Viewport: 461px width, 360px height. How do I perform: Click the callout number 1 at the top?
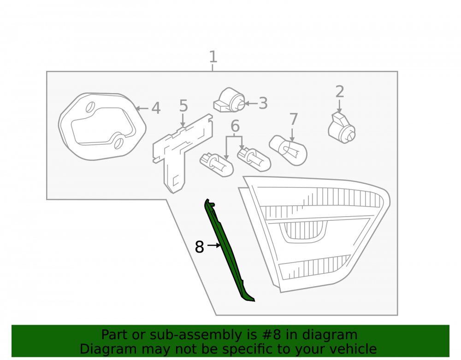[213, 57]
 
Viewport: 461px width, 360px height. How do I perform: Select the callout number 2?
[340, 92]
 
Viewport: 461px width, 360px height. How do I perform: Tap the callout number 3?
[263, 103]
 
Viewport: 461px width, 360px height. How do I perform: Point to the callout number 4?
[156, 108]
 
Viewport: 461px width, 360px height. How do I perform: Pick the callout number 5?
[183, 106]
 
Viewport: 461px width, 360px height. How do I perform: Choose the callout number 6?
[235, 126]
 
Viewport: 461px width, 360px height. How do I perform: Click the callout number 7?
[293, 119]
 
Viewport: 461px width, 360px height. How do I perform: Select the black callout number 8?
[199, 247]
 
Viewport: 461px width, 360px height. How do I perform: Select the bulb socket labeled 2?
[341, 128]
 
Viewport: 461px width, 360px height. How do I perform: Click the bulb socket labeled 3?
[229, 100]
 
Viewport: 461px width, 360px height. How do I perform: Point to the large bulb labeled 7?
[288, 150]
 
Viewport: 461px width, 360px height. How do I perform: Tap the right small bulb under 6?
[254, 160]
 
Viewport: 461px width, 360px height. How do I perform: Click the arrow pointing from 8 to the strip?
[214, 245]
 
